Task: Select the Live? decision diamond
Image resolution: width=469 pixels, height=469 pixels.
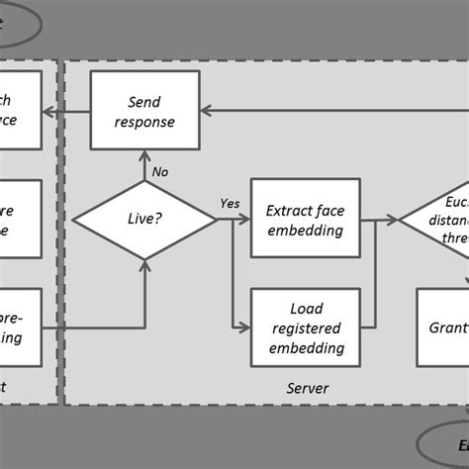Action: click(145, 219)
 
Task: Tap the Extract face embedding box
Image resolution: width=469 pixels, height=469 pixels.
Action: click(304, 220)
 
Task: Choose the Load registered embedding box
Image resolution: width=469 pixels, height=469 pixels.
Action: click(304, 328)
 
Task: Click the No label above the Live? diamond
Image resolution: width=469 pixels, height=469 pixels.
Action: click(160, 171)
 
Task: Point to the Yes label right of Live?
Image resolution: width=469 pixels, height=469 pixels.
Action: click(229, 205)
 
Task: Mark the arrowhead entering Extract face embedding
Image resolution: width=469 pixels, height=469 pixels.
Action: click(247, 220)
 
